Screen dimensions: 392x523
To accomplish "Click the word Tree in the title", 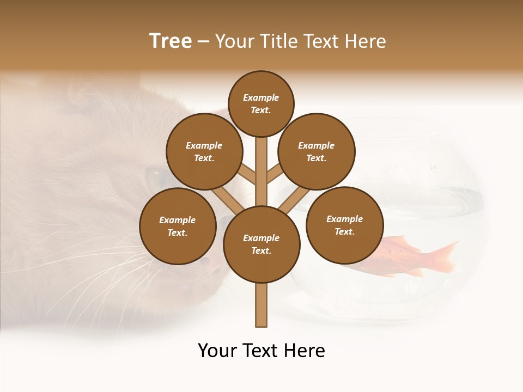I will pos(171,41).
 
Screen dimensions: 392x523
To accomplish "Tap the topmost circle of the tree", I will pos(261,103).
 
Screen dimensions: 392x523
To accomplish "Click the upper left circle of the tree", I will pos(204,151).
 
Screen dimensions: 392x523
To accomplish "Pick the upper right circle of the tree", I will pos(317,151).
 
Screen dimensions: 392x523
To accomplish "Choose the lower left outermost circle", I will pos(178,226).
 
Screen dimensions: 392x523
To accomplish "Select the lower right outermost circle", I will pos(345,225).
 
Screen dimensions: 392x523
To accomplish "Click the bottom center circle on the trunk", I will pos(261,244).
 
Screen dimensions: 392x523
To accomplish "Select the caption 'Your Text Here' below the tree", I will pos(261,351).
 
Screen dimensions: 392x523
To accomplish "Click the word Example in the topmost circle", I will pos(261,97).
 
